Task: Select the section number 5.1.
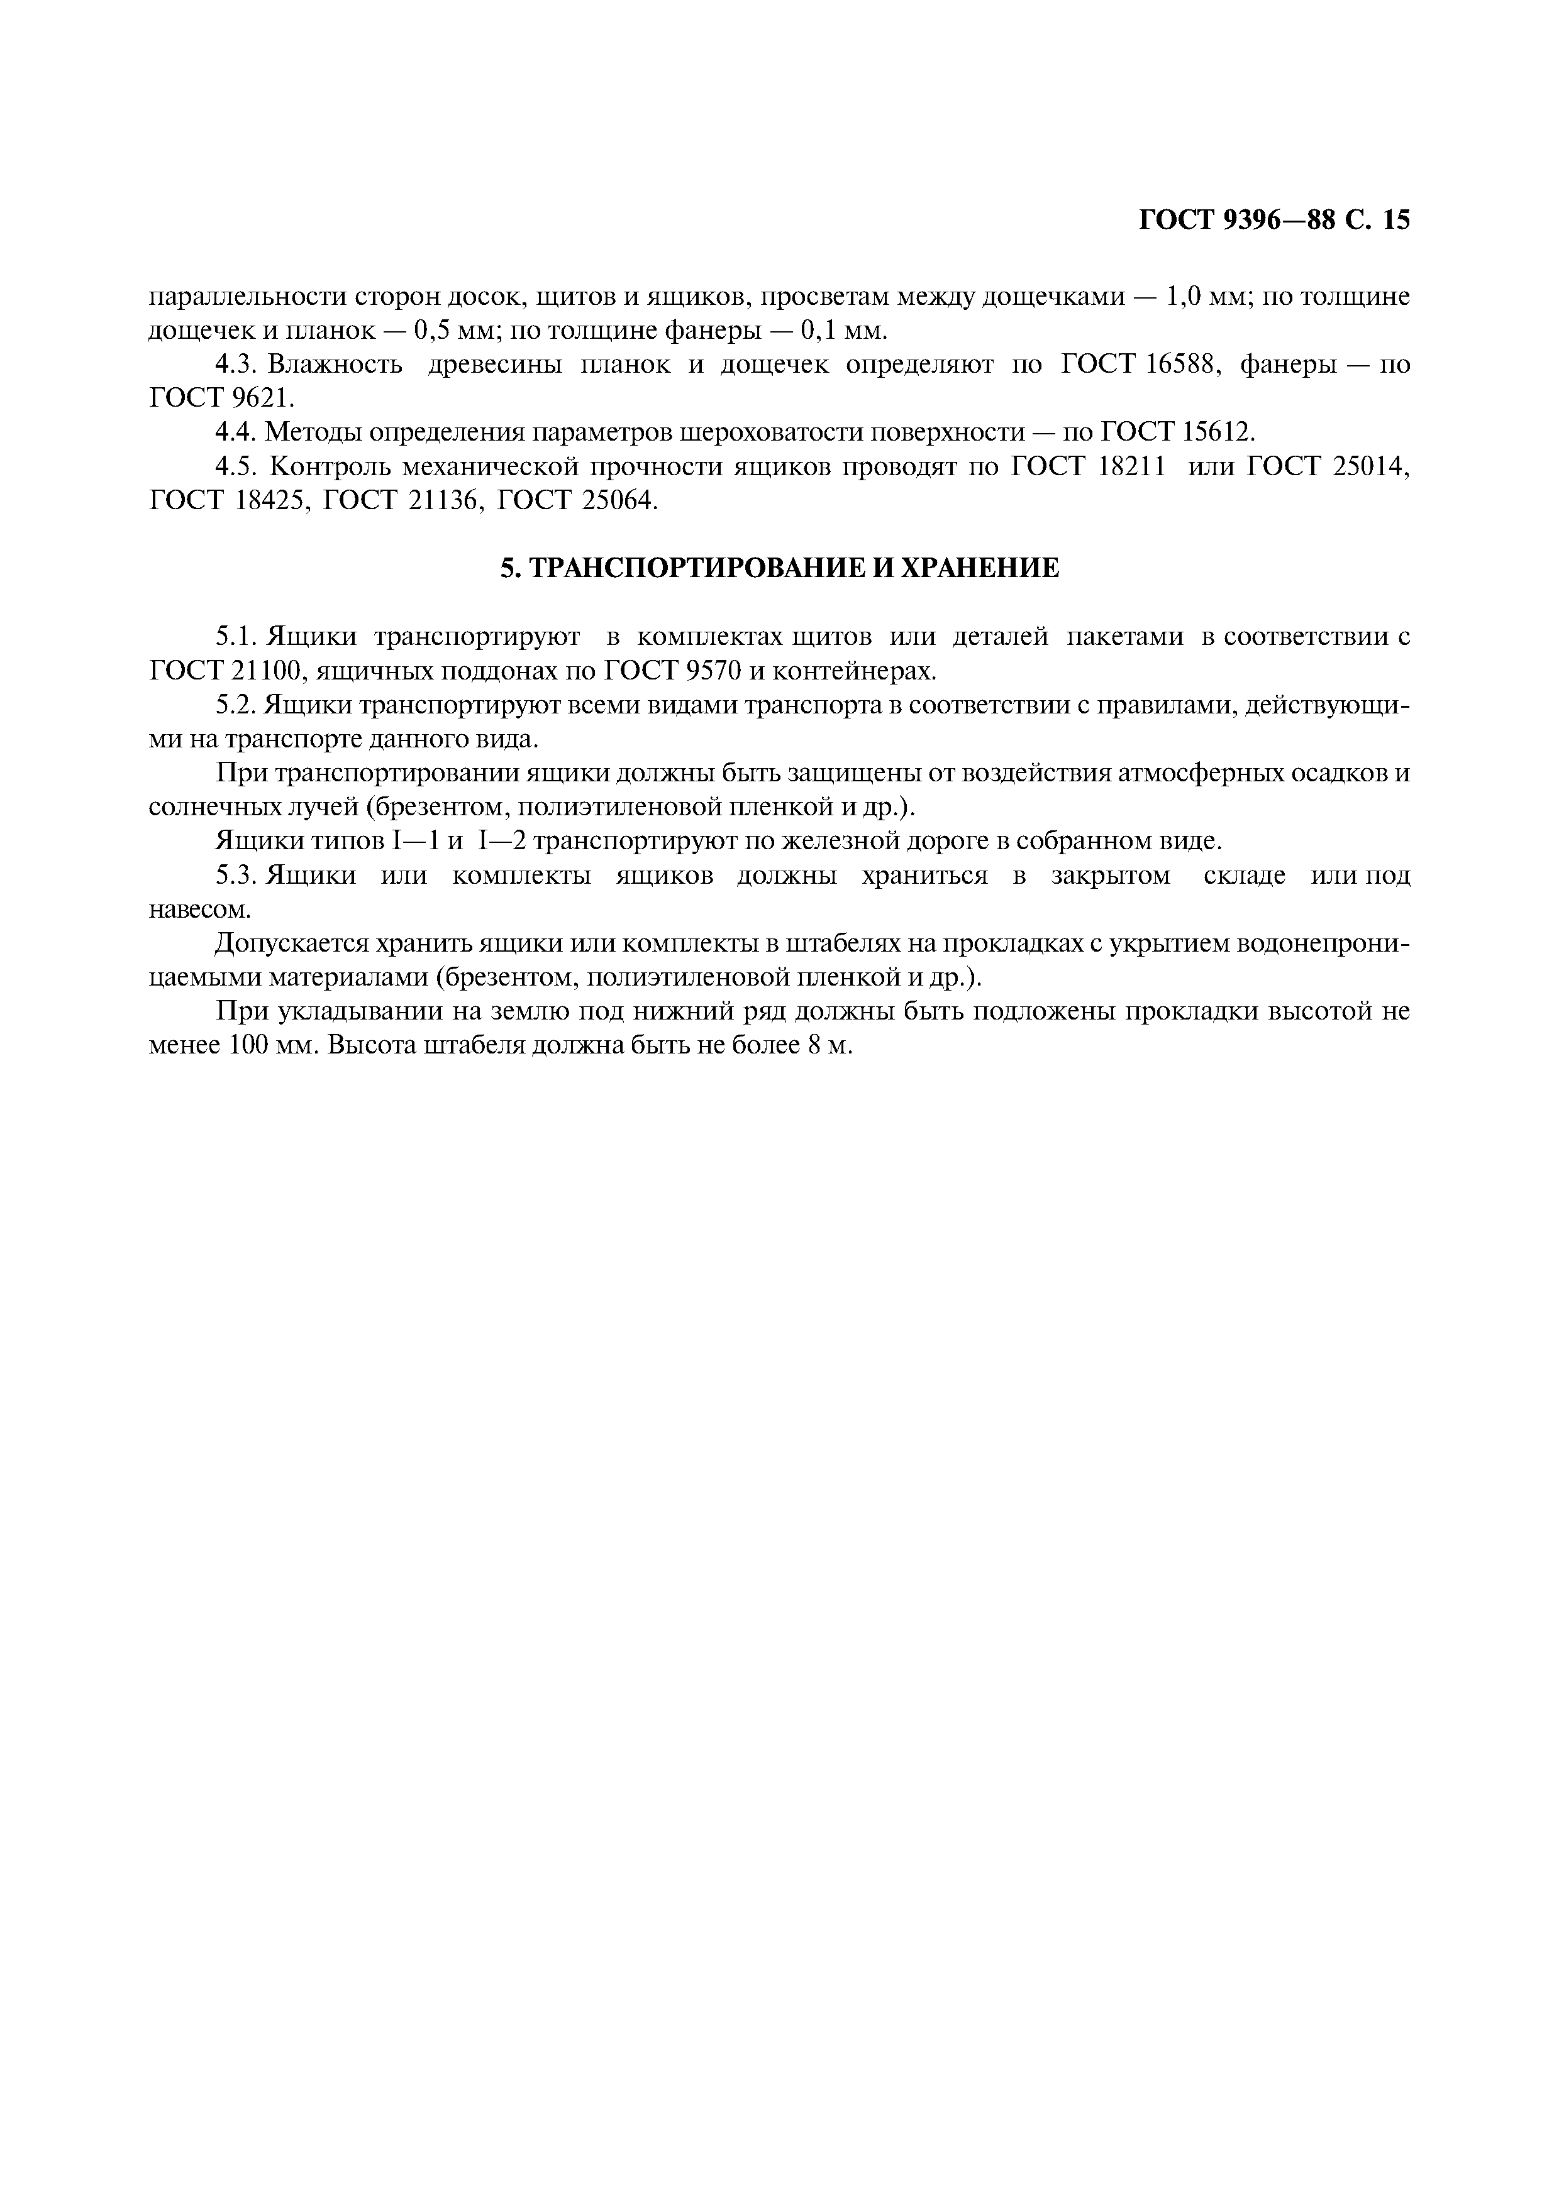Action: [x=235, y=637]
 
